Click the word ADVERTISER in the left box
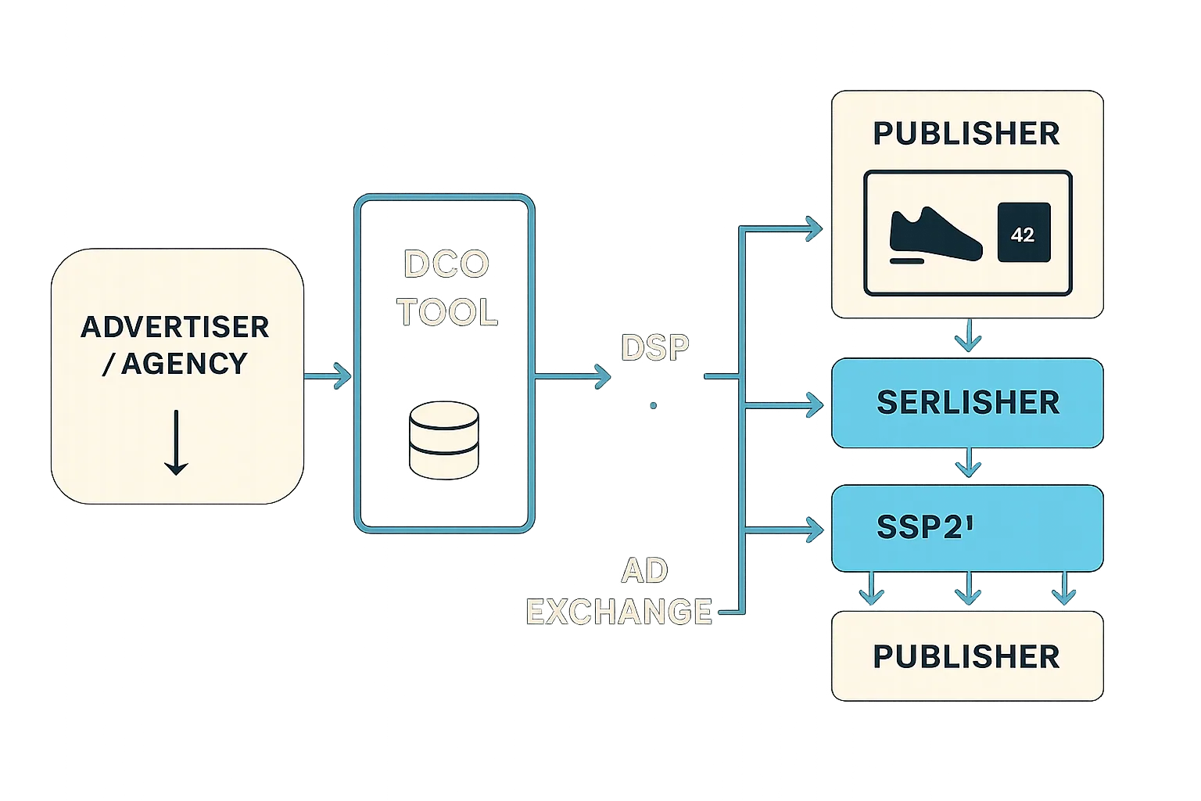pos(175,327)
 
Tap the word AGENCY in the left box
pos(185,364)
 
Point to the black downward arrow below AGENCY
pos(176,442)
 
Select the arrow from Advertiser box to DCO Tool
pos(328,376)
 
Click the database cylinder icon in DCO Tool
pos(443,440)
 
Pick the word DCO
pos(446,264)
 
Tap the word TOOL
pos(446,313)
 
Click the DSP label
pos(654,348)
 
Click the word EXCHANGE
pos(618,612)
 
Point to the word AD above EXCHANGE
pos(644,571)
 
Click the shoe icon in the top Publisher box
pos(935,234)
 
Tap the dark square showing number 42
pos(1023,234)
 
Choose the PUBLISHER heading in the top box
pos(966,134)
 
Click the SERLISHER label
pos(968,403)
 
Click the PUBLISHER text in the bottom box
pos(966,657)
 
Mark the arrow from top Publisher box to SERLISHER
pos(969,336)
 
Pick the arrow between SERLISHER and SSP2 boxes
pos(969,464)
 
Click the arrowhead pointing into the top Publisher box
pos(813,229)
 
